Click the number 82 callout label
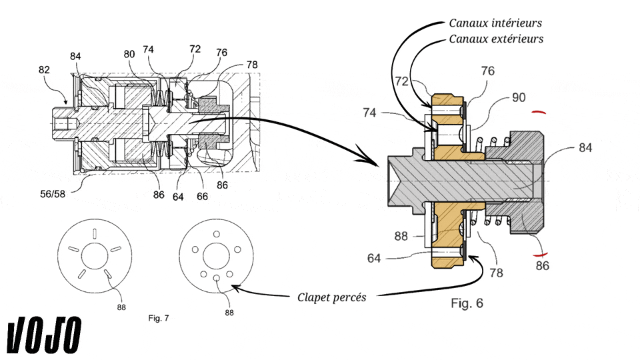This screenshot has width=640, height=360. tap(44, 70)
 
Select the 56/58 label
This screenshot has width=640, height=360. tap(53, 194)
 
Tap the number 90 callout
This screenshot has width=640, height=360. tap(519, 97)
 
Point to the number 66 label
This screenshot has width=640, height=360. tap(203, 196)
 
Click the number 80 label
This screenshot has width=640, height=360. tap(129, 54)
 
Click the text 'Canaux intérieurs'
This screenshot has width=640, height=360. tap(495, 23)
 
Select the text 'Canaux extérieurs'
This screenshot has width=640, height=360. tap(496, 39)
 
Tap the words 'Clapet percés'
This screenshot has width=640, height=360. tap(332, 297)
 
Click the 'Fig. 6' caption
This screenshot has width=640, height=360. tap(467, 303)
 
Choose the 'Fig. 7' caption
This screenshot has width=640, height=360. tap(159, 318)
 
